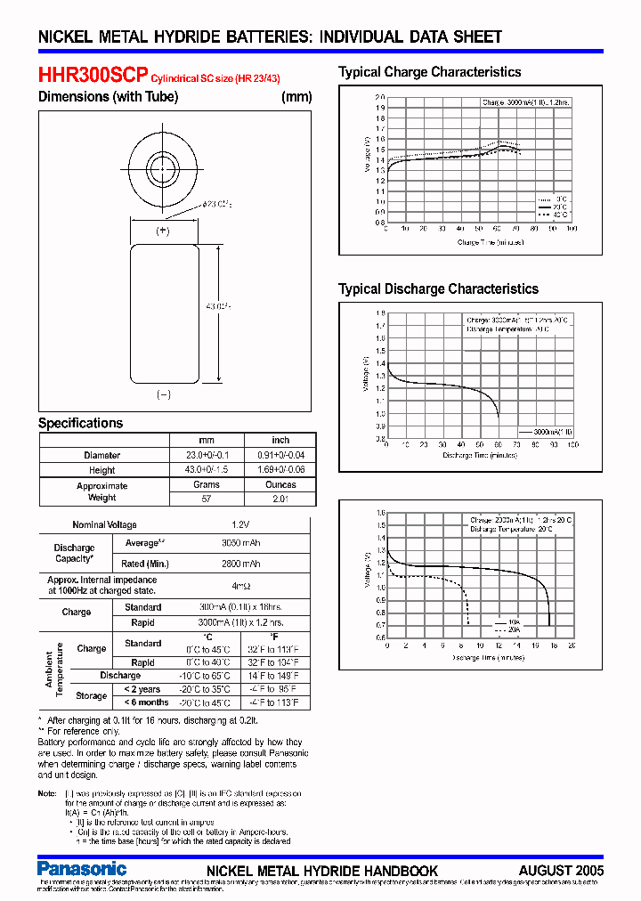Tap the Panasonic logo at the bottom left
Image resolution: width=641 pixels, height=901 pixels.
[x=83, y=868]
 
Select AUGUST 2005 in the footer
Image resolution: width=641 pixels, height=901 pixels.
[x=561, y=870]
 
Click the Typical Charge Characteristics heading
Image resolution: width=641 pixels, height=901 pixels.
[x=430, y=72]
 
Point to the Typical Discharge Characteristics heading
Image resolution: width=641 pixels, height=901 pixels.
[x=438, y=288]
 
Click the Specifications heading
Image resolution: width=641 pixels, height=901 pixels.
[x=80, y=423]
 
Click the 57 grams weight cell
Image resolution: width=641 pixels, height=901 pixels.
[x=207, y=499]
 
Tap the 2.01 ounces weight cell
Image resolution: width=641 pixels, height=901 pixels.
[x=280, y=499]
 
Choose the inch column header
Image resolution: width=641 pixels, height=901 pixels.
[x=280, y=440]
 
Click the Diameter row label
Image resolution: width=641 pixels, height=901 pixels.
[x=101, y=455]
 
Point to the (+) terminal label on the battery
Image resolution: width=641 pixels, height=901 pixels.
[x=163, y=231]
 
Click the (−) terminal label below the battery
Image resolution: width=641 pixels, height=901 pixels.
[x=163, y=394]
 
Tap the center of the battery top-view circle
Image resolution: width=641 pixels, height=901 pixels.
[x=163, y=166]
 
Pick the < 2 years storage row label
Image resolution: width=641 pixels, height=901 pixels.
[x=142, y=689]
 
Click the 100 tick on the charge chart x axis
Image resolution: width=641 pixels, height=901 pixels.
[x=571, y=229]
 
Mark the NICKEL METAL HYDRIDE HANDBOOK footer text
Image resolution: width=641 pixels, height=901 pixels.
[x=322, y=870]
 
